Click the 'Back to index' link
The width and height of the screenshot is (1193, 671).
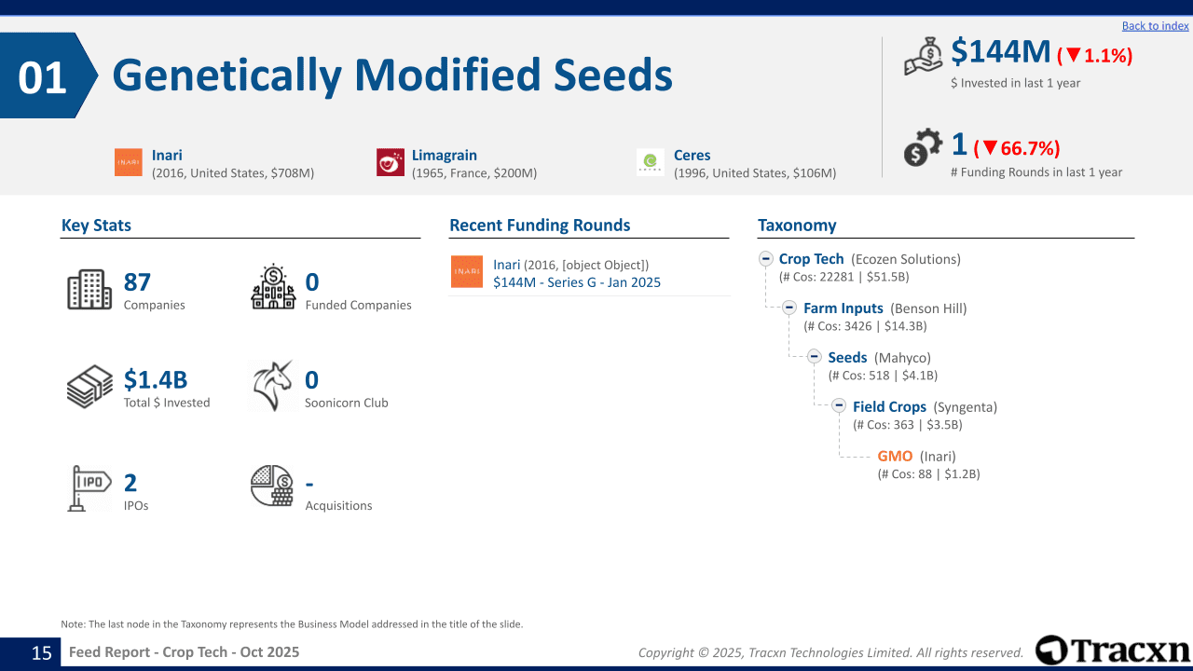1155,25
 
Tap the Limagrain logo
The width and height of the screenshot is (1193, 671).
391,162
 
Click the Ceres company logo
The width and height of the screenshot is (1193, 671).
651,162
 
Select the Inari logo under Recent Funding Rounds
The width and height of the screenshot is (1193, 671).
467,271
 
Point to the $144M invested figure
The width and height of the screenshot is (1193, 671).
1000,51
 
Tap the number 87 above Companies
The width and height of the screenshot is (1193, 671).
137,282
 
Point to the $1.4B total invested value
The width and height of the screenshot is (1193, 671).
156,379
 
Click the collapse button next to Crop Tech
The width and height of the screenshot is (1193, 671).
766,259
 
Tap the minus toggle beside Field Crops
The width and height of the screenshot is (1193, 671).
839,405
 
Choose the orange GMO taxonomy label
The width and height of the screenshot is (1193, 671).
895,457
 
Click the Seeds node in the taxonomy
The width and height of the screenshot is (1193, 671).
847,358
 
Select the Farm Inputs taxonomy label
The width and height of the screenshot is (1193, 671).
843,308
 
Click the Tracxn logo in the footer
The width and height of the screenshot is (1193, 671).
1112,650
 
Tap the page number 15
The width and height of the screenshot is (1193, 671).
42,652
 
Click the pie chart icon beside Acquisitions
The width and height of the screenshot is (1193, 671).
272,486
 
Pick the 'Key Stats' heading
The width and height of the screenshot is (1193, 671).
96,226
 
